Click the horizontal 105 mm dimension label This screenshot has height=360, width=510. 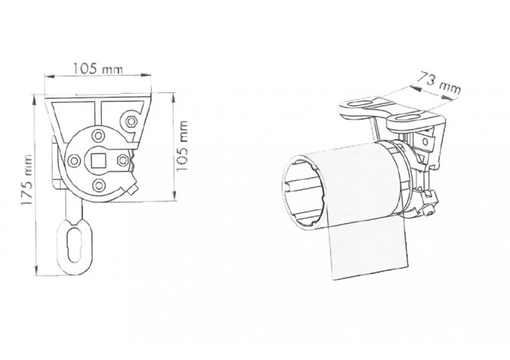coord(97,69)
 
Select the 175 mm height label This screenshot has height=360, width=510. coord(27,179)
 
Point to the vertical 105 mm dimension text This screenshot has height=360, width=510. coord(182,145)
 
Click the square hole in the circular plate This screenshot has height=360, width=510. coord(97,160)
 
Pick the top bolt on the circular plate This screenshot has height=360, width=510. coord(98,136)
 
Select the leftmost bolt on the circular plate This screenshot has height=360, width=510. coord(73,160)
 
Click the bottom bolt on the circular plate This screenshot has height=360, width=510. coord(98,185)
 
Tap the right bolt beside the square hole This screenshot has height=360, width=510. coord(122,160)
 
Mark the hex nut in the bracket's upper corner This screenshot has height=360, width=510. coord(131,121)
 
